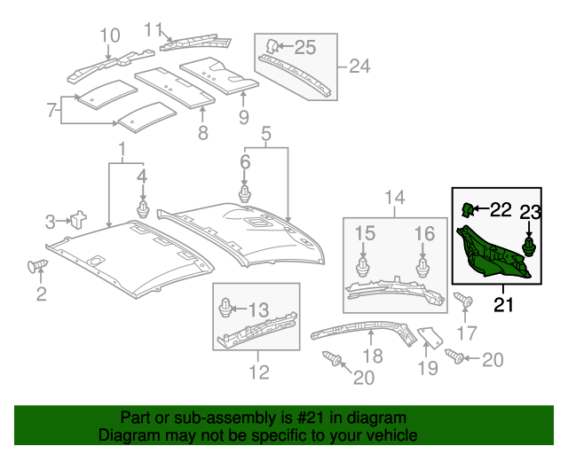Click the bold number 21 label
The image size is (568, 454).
pos(503,305)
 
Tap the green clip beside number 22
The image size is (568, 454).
pos(467,209)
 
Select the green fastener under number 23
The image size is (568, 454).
pos(529,247)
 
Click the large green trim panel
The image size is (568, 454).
pos(493,253)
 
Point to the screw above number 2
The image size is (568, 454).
pos(37,265)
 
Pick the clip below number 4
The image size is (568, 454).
pos(143,208)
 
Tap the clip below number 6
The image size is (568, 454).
pos(245,193)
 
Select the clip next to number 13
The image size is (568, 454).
pos(225,308)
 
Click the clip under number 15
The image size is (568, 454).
pos(363,268)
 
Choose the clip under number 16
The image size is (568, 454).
pos(422,268)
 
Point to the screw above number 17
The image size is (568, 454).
pos(463,300)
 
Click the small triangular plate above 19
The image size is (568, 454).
pos(430,337)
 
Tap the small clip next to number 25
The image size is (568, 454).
pos(272,46)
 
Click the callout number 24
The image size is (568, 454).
pos(359,67)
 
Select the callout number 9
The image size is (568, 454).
pos(244,117)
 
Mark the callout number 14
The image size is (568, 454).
pos(394,198)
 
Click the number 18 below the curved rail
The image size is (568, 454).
pos(373,356)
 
